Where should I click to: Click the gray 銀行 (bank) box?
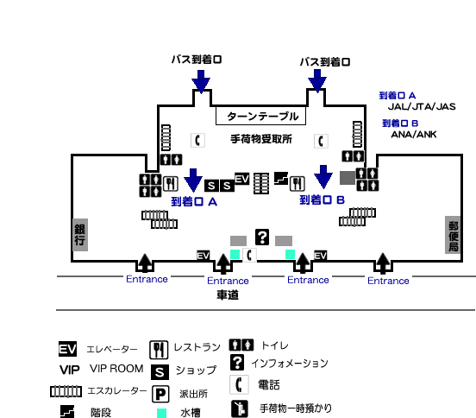[80, 235]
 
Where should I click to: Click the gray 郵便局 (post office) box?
[453, 235]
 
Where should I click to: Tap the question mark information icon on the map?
[262, 237]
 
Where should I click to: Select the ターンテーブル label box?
[260, 116]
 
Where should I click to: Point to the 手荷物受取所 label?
[261, 139]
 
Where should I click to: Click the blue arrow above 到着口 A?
[193, 180]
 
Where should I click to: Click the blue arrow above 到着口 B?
[323, 177]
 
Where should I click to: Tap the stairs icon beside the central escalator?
[281, 178]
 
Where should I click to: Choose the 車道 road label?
[228, 294]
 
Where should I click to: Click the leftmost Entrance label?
[147, 279]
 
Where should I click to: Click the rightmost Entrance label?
[388, 281]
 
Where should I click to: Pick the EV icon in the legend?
[67, 349]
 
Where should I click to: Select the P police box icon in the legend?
[160, 395]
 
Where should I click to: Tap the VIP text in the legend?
[70, 370]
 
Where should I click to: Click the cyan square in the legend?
[161, 413]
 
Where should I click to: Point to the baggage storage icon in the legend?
[240, 408]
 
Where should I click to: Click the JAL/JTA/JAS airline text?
[422, 107]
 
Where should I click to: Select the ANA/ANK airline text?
[413, 135]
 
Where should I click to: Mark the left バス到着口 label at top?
[197, 60]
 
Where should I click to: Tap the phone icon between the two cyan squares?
[249, 255]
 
